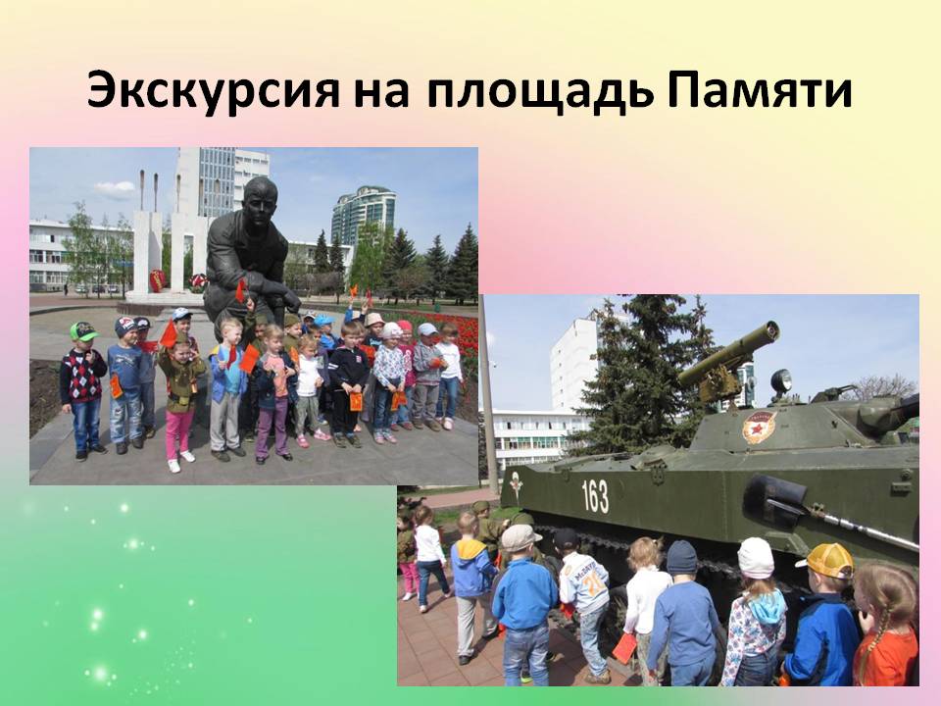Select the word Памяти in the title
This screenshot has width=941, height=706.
[760, 90]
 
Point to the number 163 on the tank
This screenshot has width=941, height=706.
[595, 496]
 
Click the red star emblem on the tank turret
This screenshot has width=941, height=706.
[758, 426]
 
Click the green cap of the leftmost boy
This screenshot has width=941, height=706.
[82, 330]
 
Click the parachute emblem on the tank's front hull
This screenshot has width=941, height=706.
[516, 483]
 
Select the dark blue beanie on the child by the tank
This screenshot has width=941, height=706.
[682, 557]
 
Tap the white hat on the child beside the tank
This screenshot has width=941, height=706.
[756, 558]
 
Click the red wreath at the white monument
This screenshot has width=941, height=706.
[157, 279]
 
